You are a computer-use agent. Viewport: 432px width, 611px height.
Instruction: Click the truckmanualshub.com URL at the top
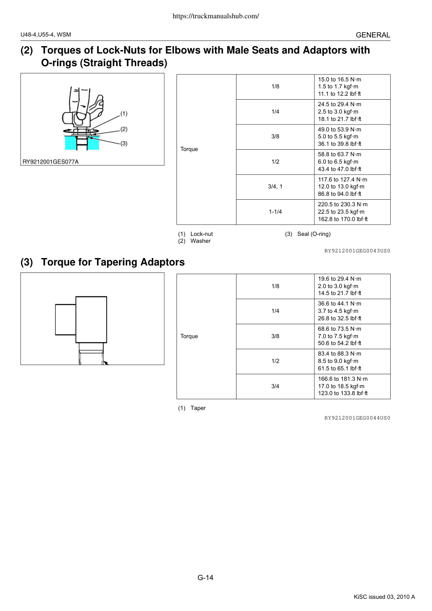pos(216,16)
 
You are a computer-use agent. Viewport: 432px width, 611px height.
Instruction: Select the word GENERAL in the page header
pos(373,35)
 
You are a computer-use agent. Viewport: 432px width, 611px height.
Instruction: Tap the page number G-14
pos(205,577)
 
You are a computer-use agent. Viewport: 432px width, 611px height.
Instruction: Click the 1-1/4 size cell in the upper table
pos(275,211)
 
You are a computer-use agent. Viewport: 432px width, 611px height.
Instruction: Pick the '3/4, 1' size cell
pos(275,187)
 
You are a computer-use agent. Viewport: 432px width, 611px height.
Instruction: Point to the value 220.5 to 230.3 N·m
pos(342,204)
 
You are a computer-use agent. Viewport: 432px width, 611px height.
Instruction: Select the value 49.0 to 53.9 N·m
pos(339,129)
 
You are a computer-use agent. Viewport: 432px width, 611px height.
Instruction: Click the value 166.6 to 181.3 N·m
pos(342,379)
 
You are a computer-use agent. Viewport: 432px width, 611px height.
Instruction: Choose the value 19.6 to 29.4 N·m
pos(339,279)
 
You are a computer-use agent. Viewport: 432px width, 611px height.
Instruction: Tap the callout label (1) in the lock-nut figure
pos(124,114)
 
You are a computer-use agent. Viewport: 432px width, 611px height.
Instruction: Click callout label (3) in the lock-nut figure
pos(124,143)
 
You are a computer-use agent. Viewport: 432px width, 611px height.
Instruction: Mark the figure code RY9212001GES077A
pos(50,162)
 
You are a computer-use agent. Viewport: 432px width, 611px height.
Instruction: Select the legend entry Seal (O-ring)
pos(314,234)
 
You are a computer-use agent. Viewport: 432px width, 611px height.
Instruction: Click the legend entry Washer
pos(201,241)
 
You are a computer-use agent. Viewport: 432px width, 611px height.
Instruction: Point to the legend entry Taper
pos(198,408)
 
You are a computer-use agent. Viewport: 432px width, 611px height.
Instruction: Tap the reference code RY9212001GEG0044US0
pos(357,418)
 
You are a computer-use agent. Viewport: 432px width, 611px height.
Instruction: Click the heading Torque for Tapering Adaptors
pos(113,262)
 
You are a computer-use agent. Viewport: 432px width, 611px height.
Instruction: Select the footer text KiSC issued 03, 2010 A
pos(384,597)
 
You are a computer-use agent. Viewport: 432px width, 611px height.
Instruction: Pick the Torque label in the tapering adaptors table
pos(189,336)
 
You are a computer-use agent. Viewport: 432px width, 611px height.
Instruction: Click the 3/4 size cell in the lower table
pos(275,386)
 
